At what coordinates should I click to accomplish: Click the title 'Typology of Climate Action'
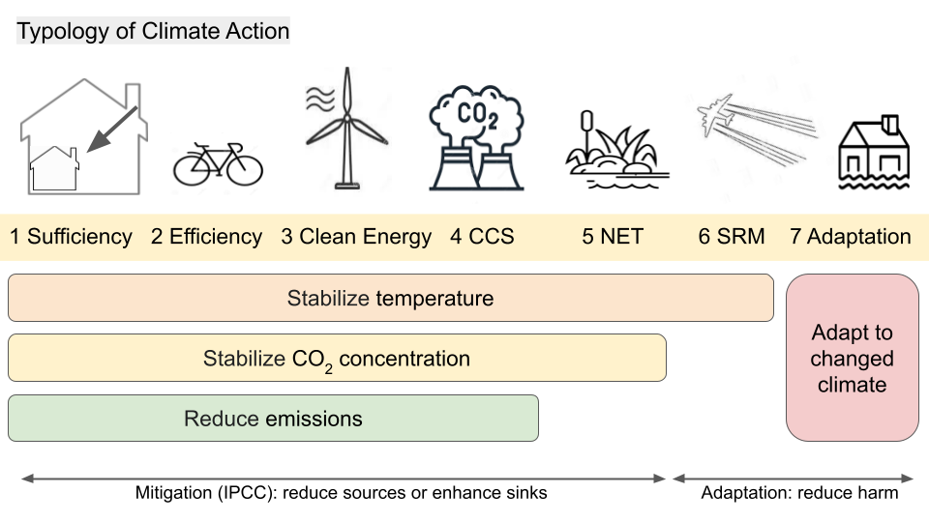[153, 31]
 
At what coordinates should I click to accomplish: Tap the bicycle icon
[218, 164]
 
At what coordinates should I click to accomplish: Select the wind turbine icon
[346, 128]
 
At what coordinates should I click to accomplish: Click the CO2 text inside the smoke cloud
[478, 114]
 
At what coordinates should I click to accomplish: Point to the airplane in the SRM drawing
[716, 115]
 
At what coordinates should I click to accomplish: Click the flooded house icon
[874, 153]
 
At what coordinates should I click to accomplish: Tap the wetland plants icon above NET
[617, 149]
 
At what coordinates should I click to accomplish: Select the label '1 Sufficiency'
[71, 237]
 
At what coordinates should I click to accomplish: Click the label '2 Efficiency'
[206, 237]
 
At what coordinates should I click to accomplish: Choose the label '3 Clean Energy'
[356, 237]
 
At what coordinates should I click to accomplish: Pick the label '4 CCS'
[482, 237]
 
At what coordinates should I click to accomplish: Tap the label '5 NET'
[613, 237]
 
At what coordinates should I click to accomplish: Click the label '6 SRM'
[732, 237]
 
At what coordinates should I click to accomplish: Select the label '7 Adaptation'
[851, 237]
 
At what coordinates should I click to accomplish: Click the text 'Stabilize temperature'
[390, 299]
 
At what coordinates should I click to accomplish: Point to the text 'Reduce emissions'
[273, 419]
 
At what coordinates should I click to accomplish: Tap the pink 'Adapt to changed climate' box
[852, 358]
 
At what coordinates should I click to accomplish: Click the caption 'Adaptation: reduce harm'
[800, 492]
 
